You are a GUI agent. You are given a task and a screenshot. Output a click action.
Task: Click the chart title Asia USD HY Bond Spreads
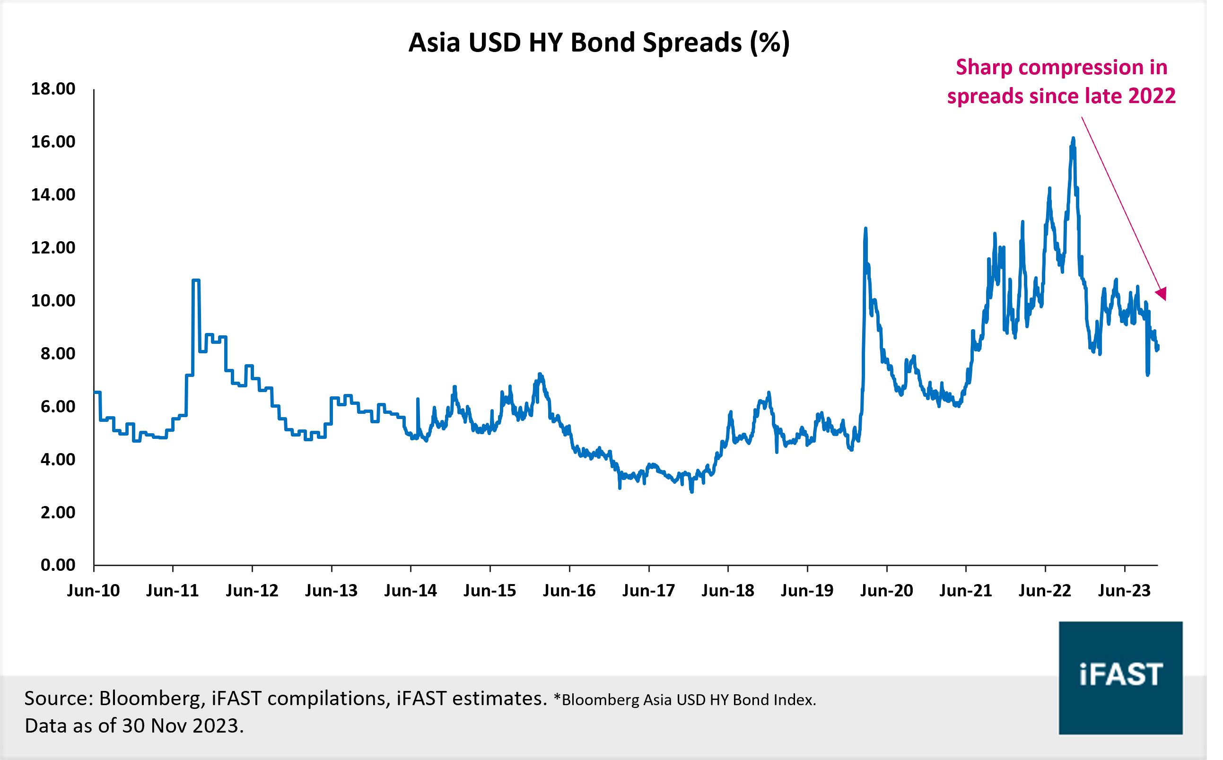coord(599,43)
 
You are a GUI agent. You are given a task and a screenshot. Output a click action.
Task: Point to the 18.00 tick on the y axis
coord(53,89)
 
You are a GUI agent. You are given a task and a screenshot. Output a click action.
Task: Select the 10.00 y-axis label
coord(53,301)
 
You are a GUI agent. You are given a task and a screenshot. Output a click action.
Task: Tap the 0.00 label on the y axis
coord(58,565)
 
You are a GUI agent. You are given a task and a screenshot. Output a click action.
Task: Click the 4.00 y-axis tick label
coord(58,459)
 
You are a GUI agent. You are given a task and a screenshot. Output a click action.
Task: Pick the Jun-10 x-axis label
coord(94,590)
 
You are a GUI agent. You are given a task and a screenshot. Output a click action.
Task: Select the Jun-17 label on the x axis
coord(648,590)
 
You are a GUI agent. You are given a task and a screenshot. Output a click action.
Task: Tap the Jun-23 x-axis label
coord(1124,590)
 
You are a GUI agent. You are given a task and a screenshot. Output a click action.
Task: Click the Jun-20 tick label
coord(886,590)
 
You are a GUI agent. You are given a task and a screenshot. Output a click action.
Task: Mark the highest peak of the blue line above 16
coord(1073,139)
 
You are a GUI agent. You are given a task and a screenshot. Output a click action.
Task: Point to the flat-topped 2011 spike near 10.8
coord(196,280)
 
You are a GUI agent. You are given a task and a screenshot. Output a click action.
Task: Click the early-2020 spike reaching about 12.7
coord(865,230)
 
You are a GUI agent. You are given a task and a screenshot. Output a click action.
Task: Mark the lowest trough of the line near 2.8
coord(692,491)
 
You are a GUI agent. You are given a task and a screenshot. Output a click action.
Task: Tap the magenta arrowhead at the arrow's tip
coord(1162,294)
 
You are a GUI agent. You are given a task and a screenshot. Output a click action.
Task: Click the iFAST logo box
coord(1120,678)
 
